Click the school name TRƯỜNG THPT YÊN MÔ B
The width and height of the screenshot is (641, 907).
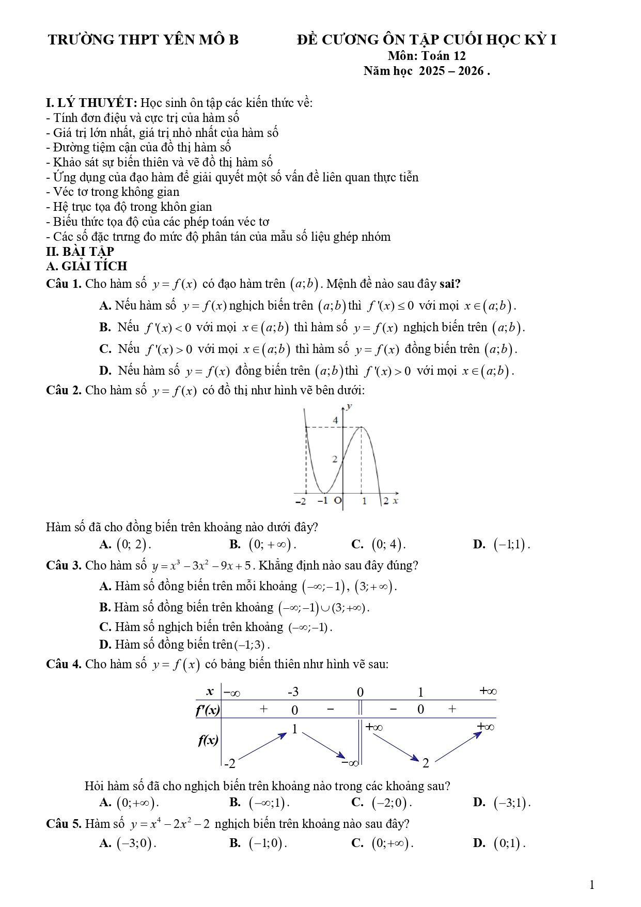[x=143, y=40]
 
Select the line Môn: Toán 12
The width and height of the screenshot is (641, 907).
[x=427, y=56]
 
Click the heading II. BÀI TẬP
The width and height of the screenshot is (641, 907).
[x=80, y=252]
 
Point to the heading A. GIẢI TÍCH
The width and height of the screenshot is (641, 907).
[x=86, y=266]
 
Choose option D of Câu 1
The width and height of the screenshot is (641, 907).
[x=307, y=371]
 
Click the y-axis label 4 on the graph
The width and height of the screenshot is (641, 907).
[x=335, y=420]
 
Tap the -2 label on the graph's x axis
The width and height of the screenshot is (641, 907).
[x=300, y=501]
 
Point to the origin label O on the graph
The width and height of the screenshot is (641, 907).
[x=338, y=501]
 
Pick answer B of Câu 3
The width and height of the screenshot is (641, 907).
[x=234, y=607]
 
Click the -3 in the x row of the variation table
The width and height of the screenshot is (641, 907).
[x=293, y=692]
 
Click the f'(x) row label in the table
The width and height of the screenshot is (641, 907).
[x=208, y=710]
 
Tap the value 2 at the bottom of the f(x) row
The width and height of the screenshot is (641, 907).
[x=426, y=763]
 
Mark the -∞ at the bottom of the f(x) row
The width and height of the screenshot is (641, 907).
[x=349, y=762]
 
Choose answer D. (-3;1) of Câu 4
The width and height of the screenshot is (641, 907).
[x=502, y=802]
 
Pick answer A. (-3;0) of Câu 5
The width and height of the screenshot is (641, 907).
[x=128, y=843]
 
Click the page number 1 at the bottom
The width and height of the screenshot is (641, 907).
[x=592, y=885]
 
